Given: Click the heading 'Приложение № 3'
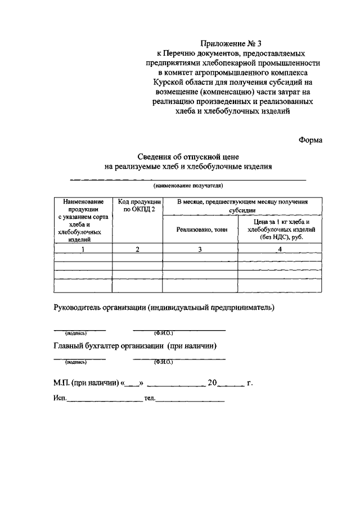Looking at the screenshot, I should pyautogui.click(x=232, y=43).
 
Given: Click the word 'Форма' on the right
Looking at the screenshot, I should pyautogui.click(x=310, y=141).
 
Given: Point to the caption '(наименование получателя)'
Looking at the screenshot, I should pyautogui.click(x=188, y=184).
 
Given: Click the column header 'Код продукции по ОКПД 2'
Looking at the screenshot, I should pyautogui.click(x=137, y=205).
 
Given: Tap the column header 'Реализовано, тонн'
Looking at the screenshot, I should pyautogui.click(x=200, y=229).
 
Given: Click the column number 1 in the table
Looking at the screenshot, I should pyautogui.click(x=83, y=250).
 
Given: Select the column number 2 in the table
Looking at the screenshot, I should pyautogui.click(x=137, y=250).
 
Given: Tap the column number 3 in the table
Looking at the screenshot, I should pyautogui.click(x=200, y=250).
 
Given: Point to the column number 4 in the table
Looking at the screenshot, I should pyautogui.click(x=280, y=250).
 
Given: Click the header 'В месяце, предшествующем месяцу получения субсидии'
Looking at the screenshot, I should pyautogui.click(x=242, y=205).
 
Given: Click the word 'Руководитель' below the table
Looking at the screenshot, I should pyautogui.click(x=78, y=308).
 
